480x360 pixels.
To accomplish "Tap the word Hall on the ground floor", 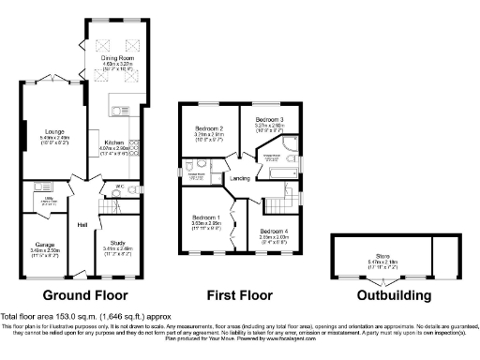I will pyautogui.click(x=82, y=224).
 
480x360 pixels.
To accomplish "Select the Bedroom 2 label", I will pyautogui.click(x=208, y=128).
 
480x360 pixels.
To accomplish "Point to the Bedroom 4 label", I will pyautogui.click(x=274, y=231).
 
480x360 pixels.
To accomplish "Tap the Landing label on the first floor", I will pyautogui.click(x=240, y=178).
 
